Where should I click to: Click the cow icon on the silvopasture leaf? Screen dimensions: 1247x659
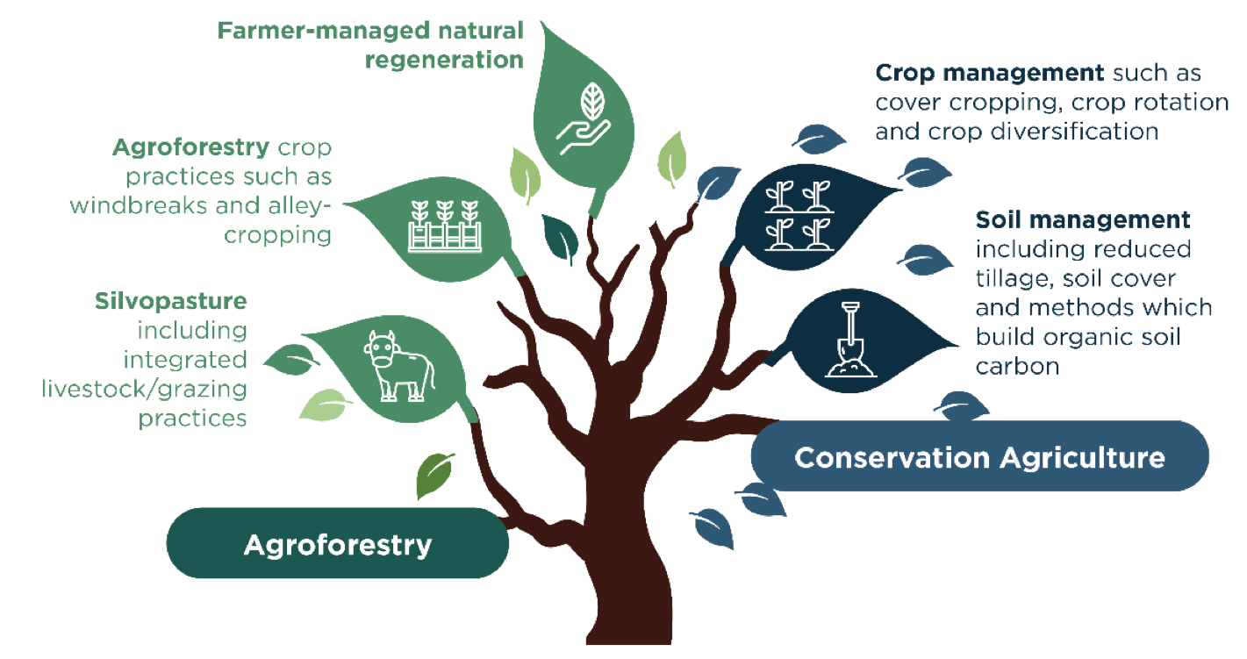pos(399,366)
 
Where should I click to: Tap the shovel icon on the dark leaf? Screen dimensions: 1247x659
pos(850,340)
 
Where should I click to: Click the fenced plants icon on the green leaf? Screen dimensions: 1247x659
pos(445,226)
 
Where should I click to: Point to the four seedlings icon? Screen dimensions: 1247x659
pos(799,215)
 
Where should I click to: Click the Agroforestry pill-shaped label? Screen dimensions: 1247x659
pos(338,543)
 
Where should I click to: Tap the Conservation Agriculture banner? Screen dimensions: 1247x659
pos(979,456)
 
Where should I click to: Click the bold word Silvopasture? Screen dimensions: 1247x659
pos(171,301)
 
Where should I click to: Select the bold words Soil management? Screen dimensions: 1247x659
pos(1083,220)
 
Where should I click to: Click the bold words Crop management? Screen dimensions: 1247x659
pos(990,73)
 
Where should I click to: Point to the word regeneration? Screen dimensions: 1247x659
pos(444,61)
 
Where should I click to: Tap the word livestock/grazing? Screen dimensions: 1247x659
pos(144,389)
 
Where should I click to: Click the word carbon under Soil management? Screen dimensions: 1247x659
pos(1018,367)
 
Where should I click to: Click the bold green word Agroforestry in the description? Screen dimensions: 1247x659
pos(191,148)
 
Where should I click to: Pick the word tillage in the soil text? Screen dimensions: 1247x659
pos(1014,279)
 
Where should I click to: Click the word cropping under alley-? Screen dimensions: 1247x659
pos(277,235)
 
